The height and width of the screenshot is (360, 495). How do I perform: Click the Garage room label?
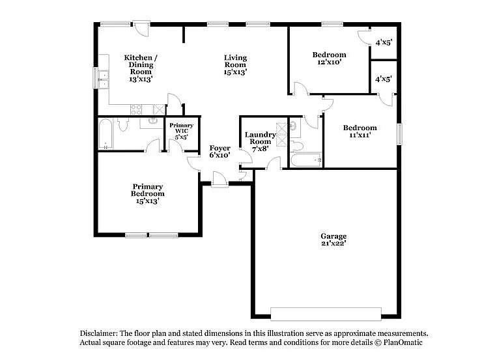(x=333, y=236)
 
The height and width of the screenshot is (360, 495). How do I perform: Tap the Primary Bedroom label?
(x=148, y=189)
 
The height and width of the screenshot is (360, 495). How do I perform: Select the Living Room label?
(x=235, y=61)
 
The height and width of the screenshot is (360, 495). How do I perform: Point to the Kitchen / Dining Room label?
(x=141, y=64)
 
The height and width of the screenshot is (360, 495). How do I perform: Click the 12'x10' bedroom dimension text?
(x=330, y=62)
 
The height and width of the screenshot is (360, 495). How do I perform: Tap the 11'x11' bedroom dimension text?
(x=360, y=137)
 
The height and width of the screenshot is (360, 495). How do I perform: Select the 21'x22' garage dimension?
(x=333, y=243)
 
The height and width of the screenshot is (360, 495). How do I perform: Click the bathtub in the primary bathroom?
(x=106, y=134)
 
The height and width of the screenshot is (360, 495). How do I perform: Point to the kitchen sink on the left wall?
(x=103, y=78)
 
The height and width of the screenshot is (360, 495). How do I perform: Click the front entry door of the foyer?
(x=219, y=180)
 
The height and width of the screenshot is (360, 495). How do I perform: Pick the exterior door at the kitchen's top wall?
(x=141, y=27)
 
